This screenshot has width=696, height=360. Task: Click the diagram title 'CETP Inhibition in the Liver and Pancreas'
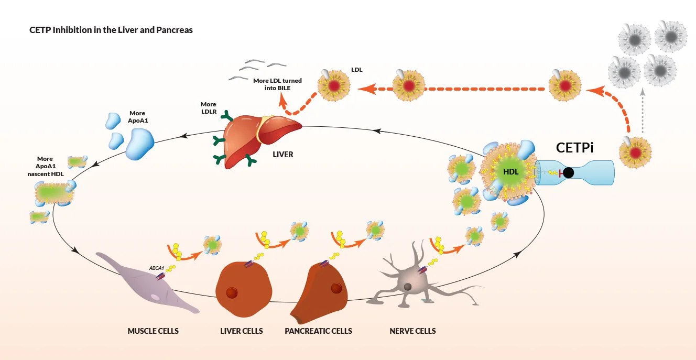[x=111, y=30]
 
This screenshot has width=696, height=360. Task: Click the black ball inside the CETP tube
[x=569, y=172]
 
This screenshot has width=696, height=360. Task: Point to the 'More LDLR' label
[x=208, y=108]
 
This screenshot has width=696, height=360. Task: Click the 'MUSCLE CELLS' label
[x=153, y=331]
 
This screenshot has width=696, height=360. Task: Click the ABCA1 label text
[x=156, y=268]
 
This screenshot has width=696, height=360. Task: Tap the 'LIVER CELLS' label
[x=242, y=331]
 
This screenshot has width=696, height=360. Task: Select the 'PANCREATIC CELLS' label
[x=318, y=331]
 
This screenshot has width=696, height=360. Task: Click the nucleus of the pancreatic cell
[x=336, y=288]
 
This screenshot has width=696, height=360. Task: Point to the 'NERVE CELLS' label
[x=412, y=331]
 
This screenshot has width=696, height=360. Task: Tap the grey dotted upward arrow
[x=643, y=113]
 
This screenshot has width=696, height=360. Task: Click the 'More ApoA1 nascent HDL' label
[x=45, y=166]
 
